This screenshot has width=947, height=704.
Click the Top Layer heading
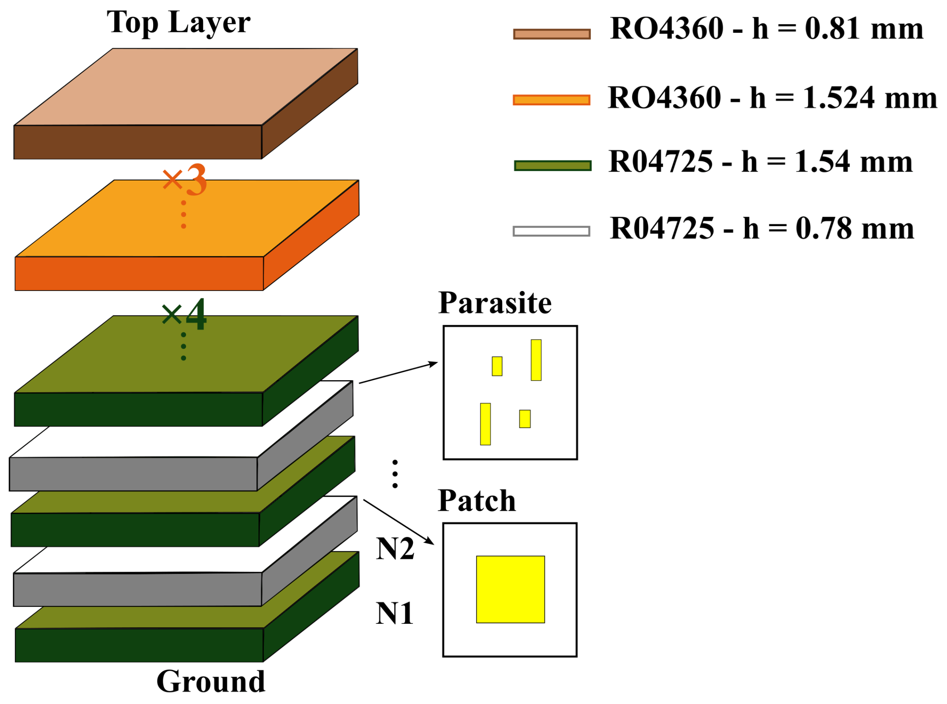178,22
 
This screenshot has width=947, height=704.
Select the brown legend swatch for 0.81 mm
552,34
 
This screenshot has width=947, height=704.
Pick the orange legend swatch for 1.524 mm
551,100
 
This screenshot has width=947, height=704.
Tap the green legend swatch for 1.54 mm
552,166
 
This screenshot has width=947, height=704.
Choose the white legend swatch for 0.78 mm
551,231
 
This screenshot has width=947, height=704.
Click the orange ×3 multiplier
184,180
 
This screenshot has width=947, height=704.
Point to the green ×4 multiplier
184,315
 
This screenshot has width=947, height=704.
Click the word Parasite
495,303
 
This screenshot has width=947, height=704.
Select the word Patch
476,501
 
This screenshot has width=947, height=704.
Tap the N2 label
395,549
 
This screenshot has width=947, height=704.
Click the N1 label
395,614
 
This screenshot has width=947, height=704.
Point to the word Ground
211,682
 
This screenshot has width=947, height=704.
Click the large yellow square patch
510,590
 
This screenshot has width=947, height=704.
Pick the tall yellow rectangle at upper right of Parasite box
536,360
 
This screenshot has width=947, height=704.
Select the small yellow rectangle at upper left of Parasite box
497,366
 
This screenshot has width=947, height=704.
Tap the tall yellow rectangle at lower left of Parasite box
485,424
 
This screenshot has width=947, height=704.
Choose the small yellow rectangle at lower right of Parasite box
525,419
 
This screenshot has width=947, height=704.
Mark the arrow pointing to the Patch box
398,522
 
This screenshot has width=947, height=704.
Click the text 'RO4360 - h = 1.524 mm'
772,98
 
